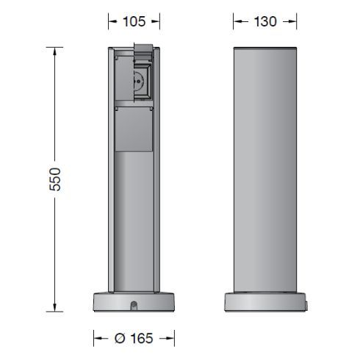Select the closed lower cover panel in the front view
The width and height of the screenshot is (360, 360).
(x=134, y=128)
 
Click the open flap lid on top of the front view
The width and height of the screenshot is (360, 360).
(x=143, y=51)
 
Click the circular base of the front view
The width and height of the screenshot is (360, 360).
(x=134, y=303)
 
